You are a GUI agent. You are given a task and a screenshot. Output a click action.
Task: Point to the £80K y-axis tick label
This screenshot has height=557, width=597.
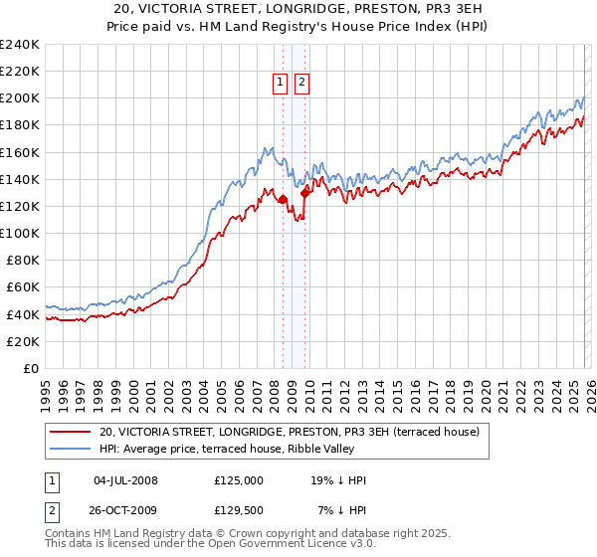pos(22,261)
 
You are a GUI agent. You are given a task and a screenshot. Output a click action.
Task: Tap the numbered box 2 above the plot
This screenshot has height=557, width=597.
pos(301,84)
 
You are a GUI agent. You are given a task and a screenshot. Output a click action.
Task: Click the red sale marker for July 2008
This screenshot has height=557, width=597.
pos(283,199)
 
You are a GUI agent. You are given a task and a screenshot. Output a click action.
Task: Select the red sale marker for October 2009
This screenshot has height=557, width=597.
pos(305,193)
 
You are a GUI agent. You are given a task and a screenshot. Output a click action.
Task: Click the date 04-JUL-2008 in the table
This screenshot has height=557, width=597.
pos(125,480)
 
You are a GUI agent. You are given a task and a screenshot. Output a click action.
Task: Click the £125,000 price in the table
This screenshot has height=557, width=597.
pos(239,480)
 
